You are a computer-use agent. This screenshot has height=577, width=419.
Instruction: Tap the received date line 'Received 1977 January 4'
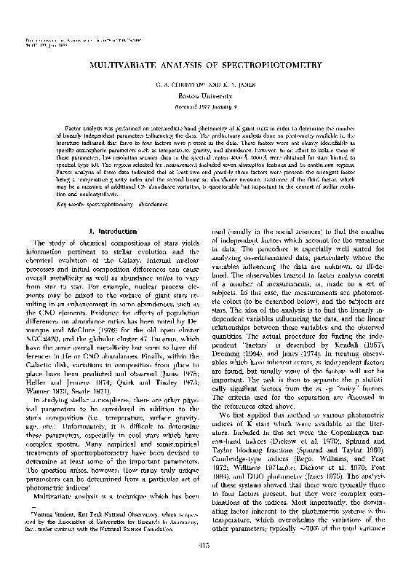209,106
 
